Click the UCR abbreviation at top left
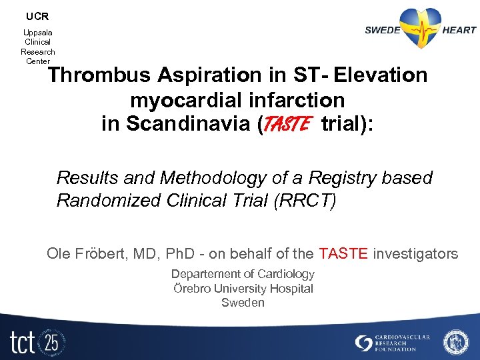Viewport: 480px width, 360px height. (37, 16)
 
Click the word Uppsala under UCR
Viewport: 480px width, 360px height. (38, 32)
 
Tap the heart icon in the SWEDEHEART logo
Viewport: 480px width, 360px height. (421, 29)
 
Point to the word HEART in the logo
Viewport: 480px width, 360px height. (459, 29)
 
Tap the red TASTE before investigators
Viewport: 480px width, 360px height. (343, 253)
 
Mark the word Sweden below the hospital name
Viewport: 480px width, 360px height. (243, 303)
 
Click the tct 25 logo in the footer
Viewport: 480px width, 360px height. (37, 342)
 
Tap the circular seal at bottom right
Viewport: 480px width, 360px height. (456, 342)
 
